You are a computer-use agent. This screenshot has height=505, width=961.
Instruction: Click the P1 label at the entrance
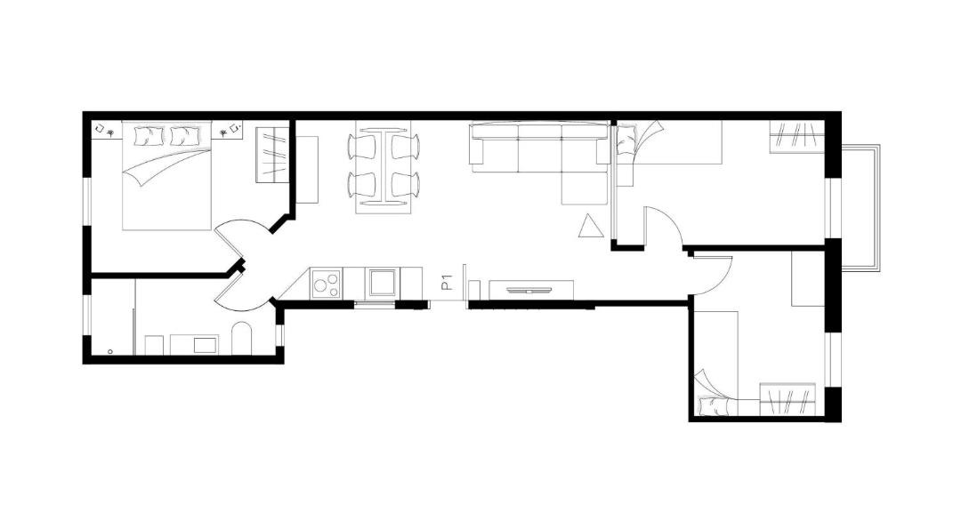[448, 282]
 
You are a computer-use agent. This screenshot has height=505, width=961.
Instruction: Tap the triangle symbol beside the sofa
[591, 228]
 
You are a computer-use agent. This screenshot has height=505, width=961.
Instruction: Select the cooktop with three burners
[326, 284]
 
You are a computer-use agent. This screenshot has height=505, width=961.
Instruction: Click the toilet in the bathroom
[242, 339]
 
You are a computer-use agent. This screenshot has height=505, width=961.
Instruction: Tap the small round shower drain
[109, 351]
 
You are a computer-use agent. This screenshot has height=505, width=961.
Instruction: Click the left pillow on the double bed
[149, 136]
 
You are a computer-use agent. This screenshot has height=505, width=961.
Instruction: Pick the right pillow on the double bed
[185, 136]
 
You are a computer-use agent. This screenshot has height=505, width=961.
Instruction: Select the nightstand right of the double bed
[228, 130]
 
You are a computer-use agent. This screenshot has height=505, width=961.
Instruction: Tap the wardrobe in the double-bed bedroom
[272, 154]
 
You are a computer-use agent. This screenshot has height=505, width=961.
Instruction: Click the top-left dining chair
[362, 147]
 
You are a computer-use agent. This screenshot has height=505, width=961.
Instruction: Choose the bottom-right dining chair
[406, 185]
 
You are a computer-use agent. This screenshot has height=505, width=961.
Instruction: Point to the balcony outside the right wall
[860, 206]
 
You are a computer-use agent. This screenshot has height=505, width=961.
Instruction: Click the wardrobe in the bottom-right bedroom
[788, 399]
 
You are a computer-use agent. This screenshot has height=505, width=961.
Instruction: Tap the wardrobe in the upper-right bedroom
[796, 137]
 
